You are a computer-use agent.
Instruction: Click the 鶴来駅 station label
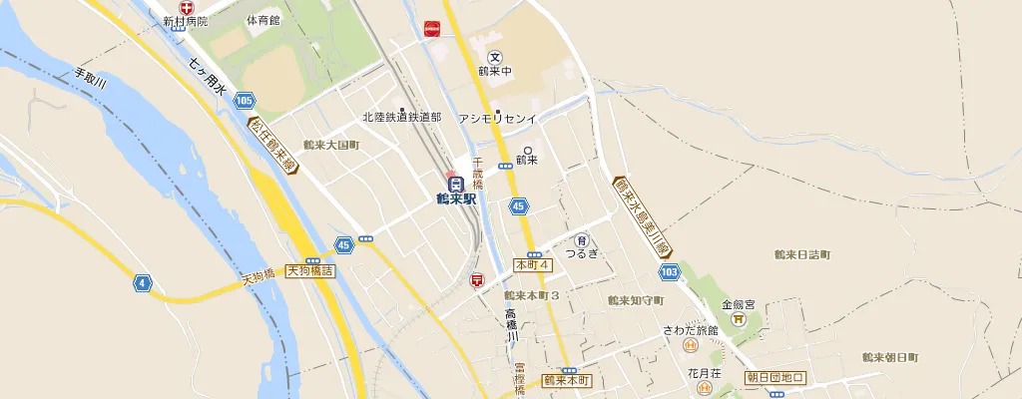tap(456, 198)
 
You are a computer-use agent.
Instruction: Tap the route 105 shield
tap(246, 100)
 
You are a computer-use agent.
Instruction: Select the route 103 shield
tap(669, 271)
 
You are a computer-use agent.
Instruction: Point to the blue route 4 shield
tap(144, 283)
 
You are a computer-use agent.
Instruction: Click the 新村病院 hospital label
tap(186, 20)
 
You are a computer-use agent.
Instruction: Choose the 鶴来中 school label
tap(495, 71)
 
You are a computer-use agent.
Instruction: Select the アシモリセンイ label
tap(497, 119)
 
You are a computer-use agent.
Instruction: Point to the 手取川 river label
tap(91, 79)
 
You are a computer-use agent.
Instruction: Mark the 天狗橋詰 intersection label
tap(310, 269)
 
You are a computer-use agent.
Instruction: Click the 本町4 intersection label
tap(532, 265)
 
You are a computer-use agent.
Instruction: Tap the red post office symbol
tap(477, 282)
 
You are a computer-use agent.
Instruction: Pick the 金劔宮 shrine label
tap(739, 305)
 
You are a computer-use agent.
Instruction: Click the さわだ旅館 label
tap(690, 330)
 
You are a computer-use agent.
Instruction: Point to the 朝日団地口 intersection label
tap(775, 378)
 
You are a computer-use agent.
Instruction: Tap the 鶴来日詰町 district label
tap(802, 254)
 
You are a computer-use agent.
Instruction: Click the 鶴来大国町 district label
tap(331, 146)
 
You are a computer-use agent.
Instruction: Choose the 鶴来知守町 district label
tap(636, 299)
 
